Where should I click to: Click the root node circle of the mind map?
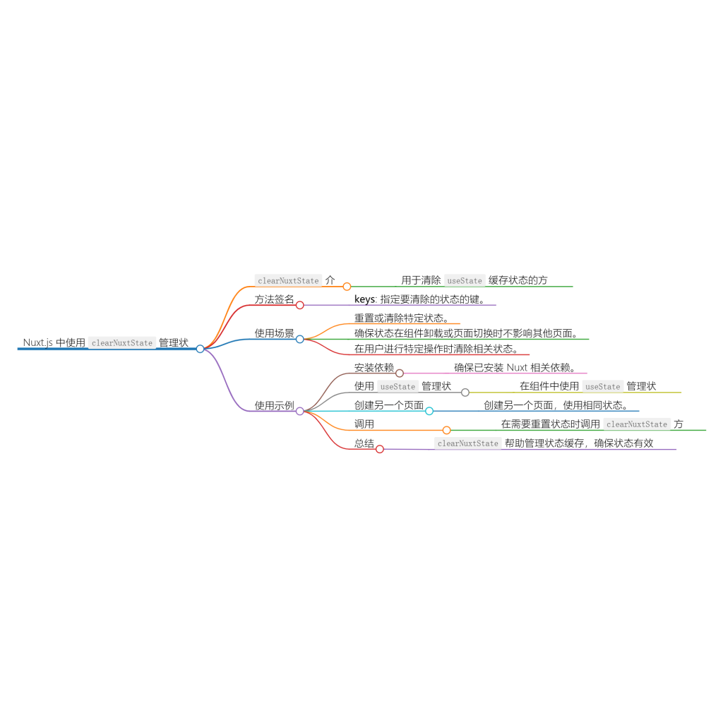(x=200, y=349)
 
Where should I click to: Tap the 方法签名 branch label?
(x=275, y=299)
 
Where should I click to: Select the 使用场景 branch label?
(x=275, y=333)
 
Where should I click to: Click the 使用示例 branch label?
(x=275, y=405)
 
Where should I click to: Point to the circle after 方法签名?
(x=299, y=305)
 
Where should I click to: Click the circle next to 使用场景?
(x=299, y=340)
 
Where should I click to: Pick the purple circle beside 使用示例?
(x=299, y=412)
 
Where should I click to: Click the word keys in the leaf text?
(x=365, y=299)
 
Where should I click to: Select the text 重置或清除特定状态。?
(x=402, y=318)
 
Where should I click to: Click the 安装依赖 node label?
(x=374, y=367)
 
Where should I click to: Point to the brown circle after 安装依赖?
(x=400, y=373)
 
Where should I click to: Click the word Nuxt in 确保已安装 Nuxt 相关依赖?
(x=517, y=367)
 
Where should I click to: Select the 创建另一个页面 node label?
(x=389, y=405)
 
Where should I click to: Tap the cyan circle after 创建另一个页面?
(x=429, y=411)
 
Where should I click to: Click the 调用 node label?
(x=364, y=424)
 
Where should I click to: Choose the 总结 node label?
(x=364, y=443)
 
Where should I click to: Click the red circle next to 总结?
(x=379, y=449)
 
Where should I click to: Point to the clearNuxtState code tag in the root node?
(x=122, y=342)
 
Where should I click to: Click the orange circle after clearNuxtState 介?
(x=347, y=287)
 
